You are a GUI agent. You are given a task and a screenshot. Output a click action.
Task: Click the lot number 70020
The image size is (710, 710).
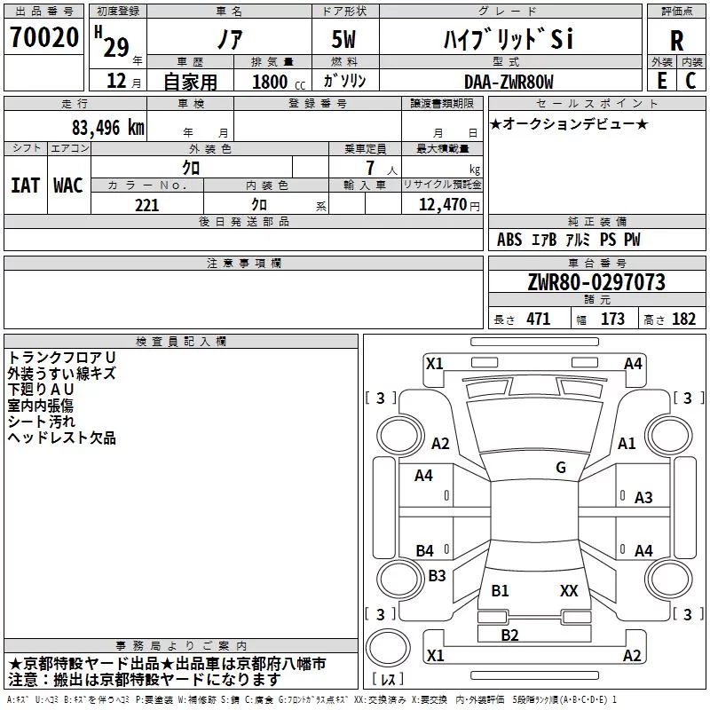click(x=44, y=37)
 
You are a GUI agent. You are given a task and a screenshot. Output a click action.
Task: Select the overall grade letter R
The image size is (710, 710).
click(x=676, y=41)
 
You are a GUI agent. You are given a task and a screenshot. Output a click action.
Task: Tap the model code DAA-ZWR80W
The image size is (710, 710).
click(x=509, y=82)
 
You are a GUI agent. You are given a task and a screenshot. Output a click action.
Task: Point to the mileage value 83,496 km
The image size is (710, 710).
click(x=108, y=128)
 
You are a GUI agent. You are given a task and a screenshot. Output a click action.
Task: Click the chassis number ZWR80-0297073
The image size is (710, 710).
click(x=596, y=282)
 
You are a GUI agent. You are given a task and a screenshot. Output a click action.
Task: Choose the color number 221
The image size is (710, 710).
click(x=147, y=205)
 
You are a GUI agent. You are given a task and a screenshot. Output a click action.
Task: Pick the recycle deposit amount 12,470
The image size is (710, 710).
click(x=442, y=204)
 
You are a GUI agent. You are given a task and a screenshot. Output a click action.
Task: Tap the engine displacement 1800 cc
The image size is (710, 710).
click(x=279, y=82)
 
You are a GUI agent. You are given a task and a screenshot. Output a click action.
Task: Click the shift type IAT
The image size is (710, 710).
click(x=25, y=185)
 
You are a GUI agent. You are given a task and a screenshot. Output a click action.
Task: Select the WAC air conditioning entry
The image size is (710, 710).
click(x=68, y=185)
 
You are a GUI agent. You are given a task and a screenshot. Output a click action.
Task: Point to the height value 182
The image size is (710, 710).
click(x=683, y=319)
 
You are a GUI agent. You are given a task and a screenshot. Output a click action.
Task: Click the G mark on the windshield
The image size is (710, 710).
click(x=561, y=467)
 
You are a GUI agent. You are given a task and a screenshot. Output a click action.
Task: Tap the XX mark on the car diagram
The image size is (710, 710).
click(x=569, y=590)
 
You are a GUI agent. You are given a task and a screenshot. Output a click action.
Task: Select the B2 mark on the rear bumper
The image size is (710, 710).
click(x=509, y=635)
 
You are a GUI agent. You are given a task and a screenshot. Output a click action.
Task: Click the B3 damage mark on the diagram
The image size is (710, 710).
click(x=437, y=575)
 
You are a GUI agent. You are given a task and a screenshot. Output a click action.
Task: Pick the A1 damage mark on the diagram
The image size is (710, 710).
click(x=627, y=443)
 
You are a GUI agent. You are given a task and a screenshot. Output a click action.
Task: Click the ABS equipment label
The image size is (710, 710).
click(x=509, y=240)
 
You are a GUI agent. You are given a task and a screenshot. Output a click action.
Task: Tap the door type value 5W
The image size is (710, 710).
click(x=343, y=39)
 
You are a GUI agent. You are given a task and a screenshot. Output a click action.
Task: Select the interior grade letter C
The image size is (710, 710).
click(x=690, y=81)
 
